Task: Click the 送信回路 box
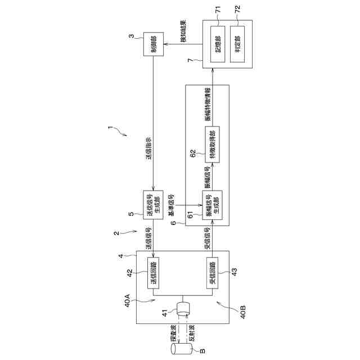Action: (154, 273)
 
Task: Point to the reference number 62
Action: (192, 152)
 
